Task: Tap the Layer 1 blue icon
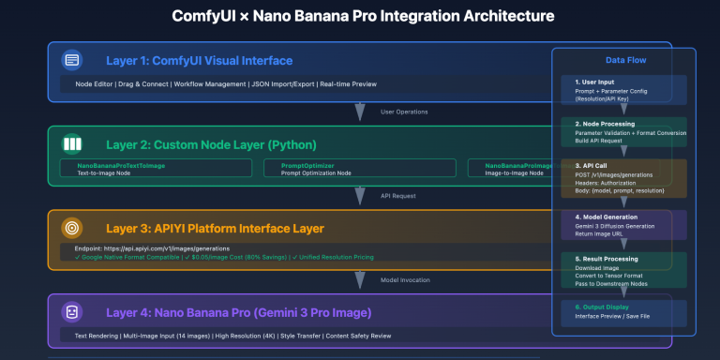point(71,61)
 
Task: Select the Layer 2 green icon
point(71,144)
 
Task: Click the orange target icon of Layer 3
point(71,228)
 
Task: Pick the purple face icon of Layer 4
point(71,311)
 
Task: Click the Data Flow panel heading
point(623,59)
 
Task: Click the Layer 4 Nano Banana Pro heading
point(239,311)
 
